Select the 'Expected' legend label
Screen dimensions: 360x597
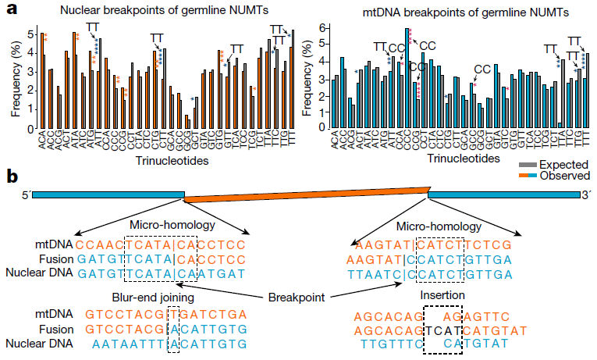point(564,165)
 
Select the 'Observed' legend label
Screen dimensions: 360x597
point(564,176)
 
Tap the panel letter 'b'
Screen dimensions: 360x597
point(12,176)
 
